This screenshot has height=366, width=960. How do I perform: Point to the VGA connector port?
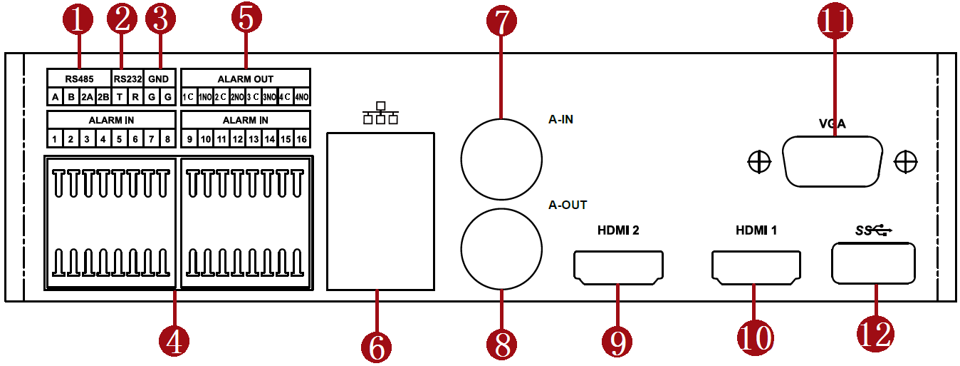pos(831,163)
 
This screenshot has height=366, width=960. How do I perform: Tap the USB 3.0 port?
pos(872,263)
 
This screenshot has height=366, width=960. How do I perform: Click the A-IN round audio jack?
pos(501,157)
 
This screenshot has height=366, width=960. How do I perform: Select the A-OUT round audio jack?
pos(501,247)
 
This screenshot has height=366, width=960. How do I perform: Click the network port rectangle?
pos(380,211)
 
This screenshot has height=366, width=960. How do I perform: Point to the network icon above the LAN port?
pos(380,113)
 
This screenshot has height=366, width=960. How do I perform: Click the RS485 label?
pos(78,78)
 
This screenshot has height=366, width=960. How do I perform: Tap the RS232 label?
pos(128,78)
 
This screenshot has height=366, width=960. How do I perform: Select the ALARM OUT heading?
pos(246,78)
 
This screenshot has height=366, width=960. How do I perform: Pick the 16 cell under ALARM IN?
pos(302,138)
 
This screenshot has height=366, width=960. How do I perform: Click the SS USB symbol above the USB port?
pos(873,230)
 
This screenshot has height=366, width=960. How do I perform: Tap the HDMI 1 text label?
pos(756,230)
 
